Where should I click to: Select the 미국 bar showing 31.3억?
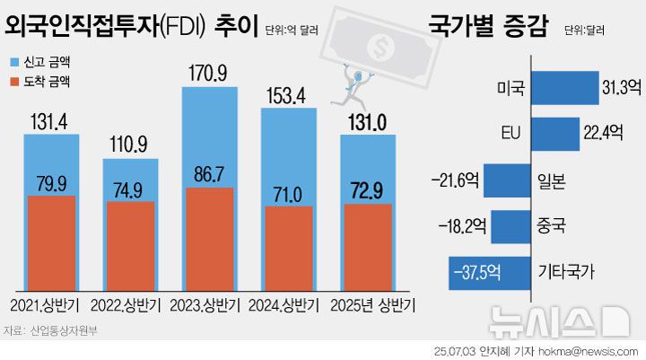pos(564,88)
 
